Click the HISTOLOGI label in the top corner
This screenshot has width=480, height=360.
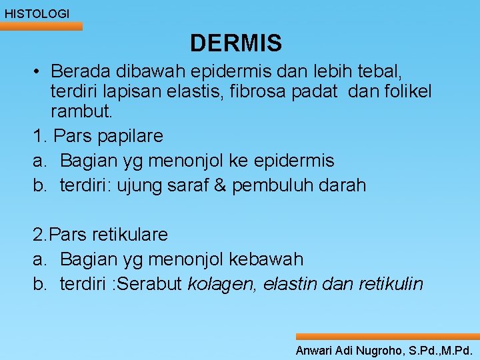coord(37,13)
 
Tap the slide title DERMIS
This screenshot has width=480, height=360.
coord(236,43)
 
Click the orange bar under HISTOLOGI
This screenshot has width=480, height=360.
coord(41,26)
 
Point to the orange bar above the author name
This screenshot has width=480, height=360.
coord(387,337)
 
